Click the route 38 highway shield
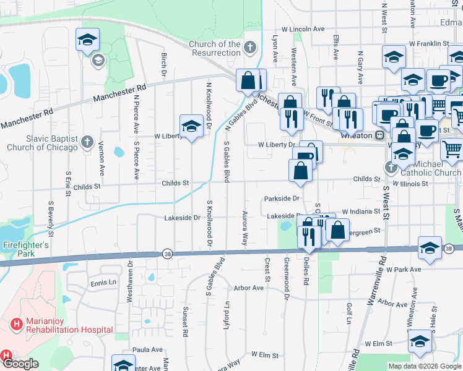coord(167,254)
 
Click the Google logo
coord(20,364)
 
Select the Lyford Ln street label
coord(227,313)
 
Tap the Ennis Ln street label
coord(103,283)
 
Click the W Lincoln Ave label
coord(303,29)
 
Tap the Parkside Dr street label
coord(282,199)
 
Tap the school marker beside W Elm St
coord(420,342)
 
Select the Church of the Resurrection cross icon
coord(249,47)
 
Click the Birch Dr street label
coord(164,61)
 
